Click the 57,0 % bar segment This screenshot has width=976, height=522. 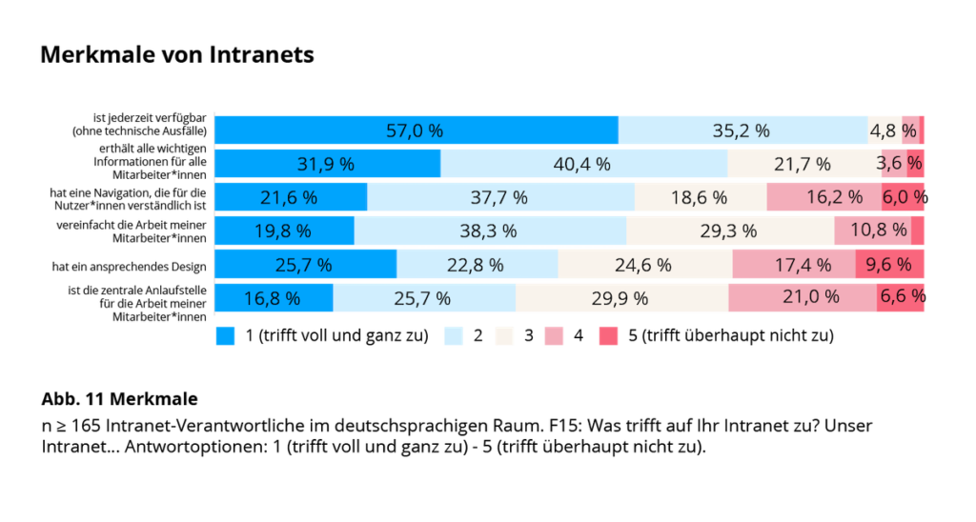(416, 130)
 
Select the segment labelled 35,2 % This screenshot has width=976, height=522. (742, 130)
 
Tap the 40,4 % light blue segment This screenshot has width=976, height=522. (582, 164)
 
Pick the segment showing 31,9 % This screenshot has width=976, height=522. (326, 164)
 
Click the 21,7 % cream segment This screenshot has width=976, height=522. (803, 164)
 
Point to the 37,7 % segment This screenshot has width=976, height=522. (499, 197)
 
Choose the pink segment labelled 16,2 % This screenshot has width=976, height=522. (823, 197)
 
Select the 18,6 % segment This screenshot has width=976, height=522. (699, 197)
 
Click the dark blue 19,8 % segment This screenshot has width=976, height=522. (283, 231)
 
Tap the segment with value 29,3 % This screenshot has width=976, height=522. (729, 231)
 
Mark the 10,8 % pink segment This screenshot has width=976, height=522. (871, 231)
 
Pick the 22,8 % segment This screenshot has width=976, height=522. (476, 265)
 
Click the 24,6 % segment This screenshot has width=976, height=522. (643, 265)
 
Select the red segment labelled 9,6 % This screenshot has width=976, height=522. (888, 265)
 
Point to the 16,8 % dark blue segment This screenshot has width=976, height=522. (273, 298)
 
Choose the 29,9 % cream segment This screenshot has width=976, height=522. (620, 298)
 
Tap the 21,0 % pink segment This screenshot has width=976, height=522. (802, 298)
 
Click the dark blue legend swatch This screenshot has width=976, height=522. (225, 336)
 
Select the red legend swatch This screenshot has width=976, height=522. (608, 336)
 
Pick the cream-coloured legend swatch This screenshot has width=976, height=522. (504, 336)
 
